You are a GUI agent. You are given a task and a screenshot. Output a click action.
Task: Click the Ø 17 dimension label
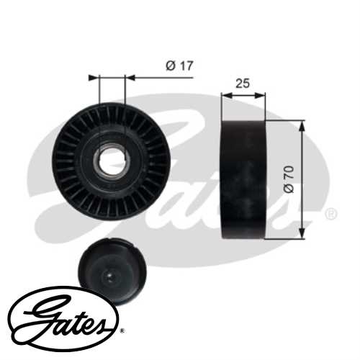pos(180,66)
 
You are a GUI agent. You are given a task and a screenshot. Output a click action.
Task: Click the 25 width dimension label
pos(243,84)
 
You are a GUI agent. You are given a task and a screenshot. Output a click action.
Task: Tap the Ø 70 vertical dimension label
pos(289,179)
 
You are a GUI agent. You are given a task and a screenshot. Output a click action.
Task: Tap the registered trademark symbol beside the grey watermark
pos(330,214)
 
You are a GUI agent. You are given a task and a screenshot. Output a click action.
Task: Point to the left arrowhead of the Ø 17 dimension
pos(92,76)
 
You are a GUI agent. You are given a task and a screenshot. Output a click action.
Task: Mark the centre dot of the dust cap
pos(109,275)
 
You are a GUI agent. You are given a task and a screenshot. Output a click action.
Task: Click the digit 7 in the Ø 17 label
pos(189,66)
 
